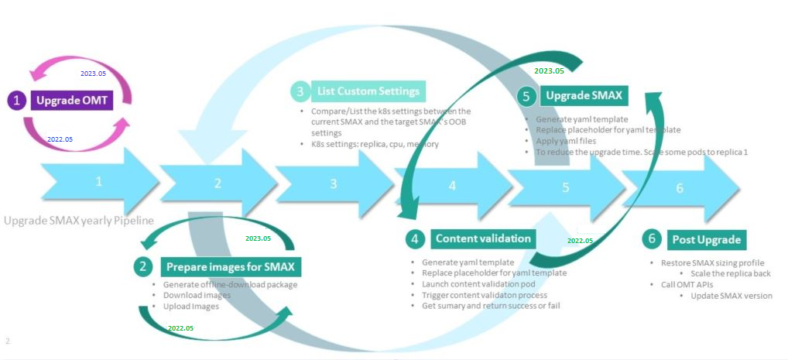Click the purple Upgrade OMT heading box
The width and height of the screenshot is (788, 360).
[72, 100]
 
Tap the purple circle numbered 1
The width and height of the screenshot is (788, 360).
[17, 100]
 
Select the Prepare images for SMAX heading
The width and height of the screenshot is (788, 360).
[231, 267]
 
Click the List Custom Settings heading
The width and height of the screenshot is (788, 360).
[368, 91]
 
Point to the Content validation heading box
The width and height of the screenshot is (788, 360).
[482, 238]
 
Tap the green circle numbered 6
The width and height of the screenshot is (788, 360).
[653, 238]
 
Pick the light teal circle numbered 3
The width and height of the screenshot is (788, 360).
[300, 91]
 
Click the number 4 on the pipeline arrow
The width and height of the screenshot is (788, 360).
[452, 185]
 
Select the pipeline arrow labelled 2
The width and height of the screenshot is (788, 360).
[218, 183]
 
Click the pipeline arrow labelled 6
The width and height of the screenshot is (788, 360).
[680, 188]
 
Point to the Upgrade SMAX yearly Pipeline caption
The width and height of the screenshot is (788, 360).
[79, 221]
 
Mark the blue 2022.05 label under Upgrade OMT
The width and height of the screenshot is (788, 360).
[60, 139]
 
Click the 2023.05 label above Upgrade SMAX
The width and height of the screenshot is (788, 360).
[549, 70]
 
